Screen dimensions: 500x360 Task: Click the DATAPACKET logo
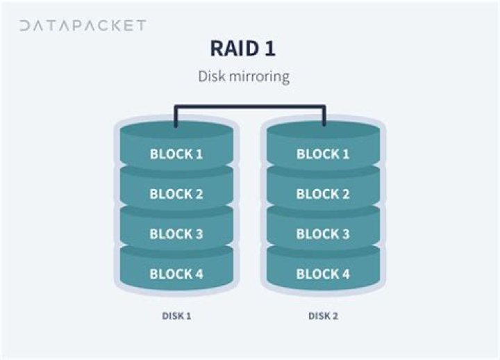83,26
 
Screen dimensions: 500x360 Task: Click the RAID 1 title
242,49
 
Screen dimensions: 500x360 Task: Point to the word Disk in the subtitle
211,76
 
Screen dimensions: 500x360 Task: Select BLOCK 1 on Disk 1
176,154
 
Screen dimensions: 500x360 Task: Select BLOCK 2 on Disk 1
176,194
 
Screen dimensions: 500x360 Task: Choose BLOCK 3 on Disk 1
176,234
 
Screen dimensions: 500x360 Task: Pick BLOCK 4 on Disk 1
176,274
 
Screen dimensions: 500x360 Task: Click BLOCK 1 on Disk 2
323,154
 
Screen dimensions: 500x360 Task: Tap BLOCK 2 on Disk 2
323,194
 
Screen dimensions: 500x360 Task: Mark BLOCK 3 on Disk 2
323,234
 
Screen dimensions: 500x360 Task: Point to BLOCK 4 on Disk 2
323,274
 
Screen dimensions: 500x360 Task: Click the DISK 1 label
176,316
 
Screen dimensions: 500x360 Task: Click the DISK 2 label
323,316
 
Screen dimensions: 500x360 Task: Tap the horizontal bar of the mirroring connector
250,106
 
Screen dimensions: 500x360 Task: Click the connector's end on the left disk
176,125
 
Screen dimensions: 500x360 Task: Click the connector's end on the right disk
324,124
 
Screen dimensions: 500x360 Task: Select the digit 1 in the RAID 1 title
269,49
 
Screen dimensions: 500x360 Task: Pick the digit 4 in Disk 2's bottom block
345,274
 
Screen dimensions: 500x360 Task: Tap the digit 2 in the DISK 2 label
335,316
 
